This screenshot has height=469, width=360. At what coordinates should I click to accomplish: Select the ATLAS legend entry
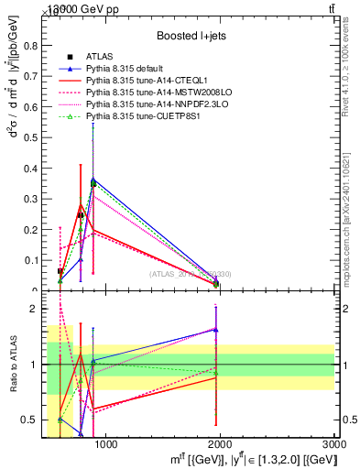coord(95,58)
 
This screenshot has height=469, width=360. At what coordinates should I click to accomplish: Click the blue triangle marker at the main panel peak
coord(93,180)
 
